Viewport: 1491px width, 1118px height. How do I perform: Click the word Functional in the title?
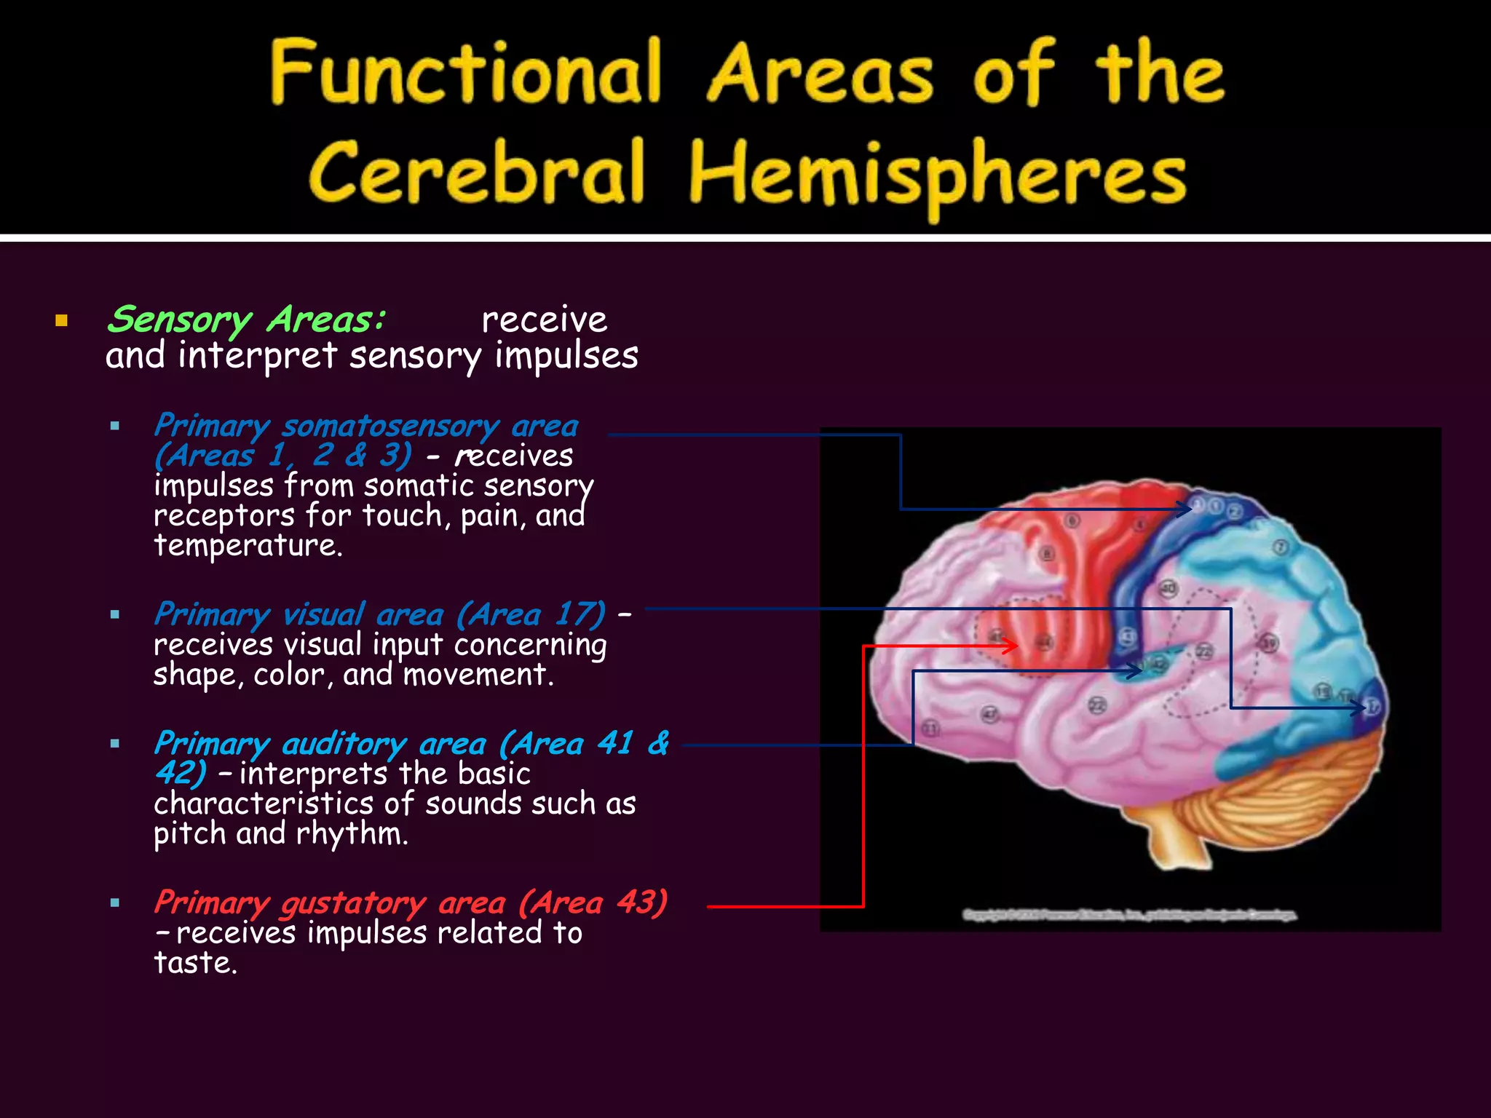coord(466,73)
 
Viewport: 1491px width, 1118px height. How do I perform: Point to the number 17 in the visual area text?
coord(572,614)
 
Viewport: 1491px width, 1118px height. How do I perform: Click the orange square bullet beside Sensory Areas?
coord(61,321)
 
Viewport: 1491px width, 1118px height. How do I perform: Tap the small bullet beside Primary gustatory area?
coord(115,903)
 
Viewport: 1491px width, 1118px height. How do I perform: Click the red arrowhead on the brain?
coord(1011,645)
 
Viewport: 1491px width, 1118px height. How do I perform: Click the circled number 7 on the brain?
coord(1281,547)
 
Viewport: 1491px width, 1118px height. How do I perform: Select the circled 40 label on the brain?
coord(1168,588)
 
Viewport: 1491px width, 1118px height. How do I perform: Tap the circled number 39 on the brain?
coord(1269,643)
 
